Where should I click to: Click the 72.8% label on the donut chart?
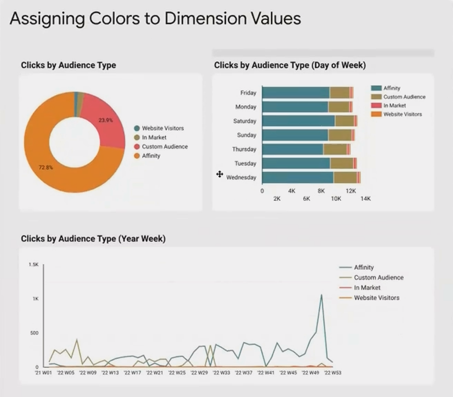(x=46, y=167)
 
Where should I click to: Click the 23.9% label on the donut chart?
(x=106, y=120)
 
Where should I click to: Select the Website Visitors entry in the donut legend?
(x=159, y=128)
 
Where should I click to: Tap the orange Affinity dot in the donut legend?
(x=137, y=156)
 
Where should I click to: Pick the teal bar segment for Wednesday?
(x=298, y=178)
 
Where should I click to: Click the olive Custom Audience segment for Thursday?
(x=335, y=150)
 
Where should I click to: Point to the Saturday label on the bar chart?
(x=245, y=121)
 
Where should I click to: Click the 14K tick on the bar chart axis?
(x=365, y=199)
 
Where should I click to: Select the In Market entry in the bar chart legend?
(x=388, y=105)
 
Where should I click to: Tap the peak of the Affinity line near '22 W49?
(x=321, y=295)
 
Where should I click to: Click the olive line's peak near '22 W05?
(x=76, y=339)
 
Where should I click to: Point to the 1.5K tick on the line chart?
(x=34, y=265)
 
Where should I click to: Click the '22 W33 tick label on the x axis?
(x=221, y=373)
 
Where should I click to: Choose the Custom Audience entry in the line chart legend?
(x=371, y=278)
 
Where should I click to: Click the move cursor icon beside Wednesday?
(x=219, y=174)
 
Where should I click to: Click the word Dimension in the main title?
(x=205, y=18)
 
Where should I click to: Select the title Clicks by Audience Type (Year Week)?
(x=93, y=239)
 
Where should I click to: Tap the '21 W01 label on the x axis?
(x=43, y=373)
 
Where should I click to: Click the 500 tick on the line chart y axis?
(x=34, y=333)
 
